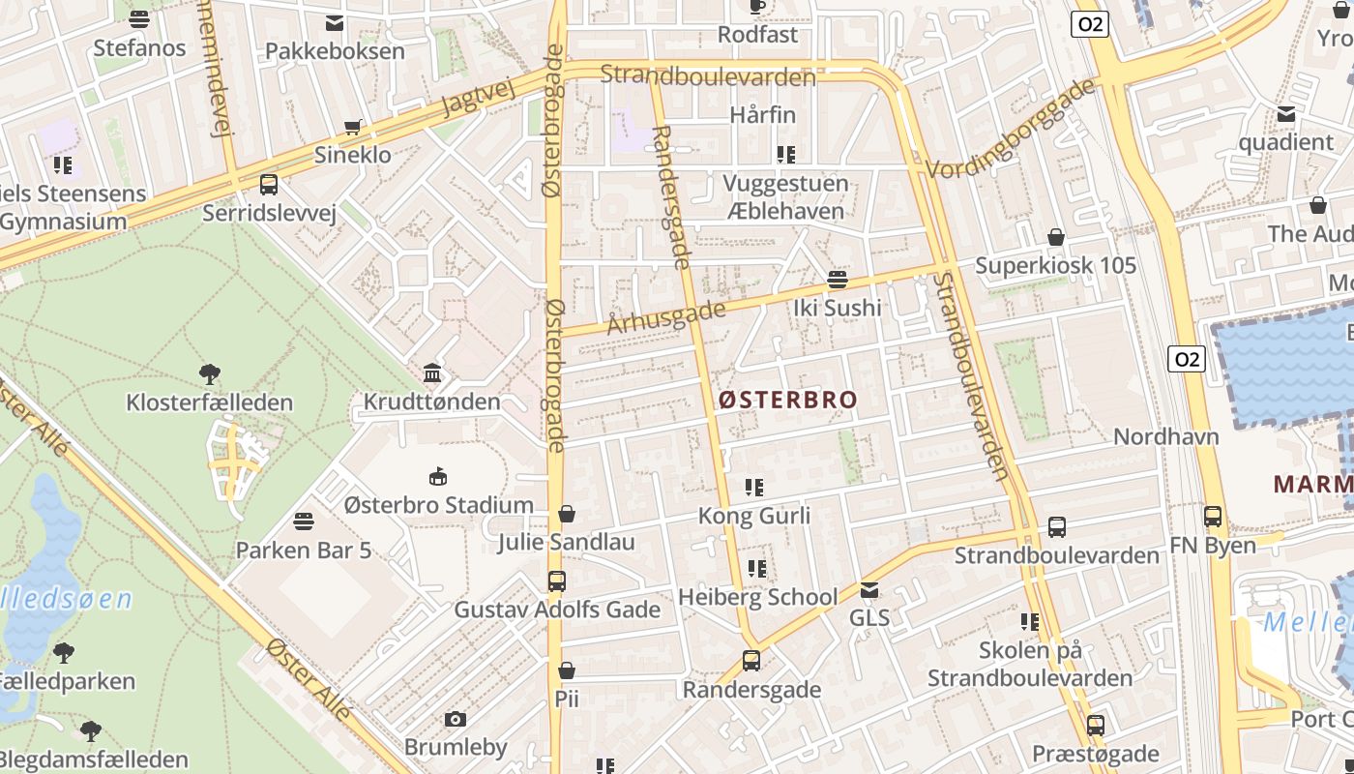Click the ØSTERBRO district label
[x=787, y=400]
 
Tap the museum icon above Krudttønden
[x=432, y=373]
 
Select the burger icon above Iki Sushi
[x=838, y=280]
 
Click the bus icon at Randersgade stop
[x=751, y=662]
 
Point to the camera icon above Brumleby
[x=455, y=719]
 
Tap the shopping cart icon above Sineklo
[x=354, y=127]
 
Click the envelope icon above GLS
[x=869, y=589]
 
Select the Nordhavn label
[x=1165, y=436]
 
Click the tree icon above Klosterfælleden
[x=209, y=373]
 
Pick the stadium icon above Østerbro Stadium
[x=438, y=476]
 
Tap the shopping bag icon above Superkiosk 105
[x=1056, y=237]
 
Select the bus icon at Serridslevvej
[x=269, y=184]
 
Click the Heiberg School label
[x=757, y=597]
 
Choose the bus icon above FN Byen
[x=1213, y=517]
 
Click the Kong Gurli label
[x=754, y=516]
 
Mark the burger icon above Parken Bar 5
[x=304, y=522]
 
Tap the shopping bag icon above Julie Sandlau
[x=567, y=514]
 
